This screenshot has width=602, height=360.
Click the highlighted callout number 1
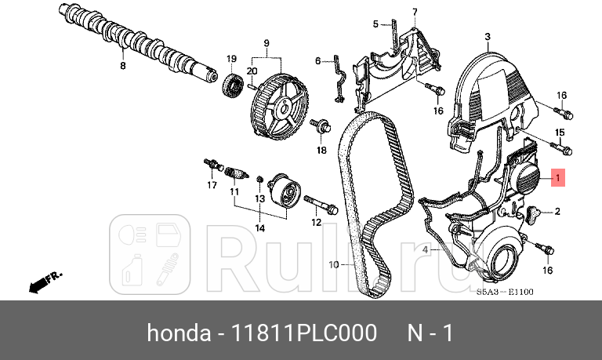pos(557,178)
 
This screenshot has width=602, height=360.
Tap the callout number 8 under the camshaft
pos(122,67)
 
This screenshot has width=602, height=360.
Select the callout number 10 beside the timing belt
pos(332,265)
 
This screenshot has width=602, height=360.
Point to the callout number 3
pos(487,37)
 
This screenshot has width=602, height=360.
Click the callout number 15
pos(560,132)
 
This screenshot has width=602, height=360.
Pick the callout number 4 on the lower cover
pos(426,249)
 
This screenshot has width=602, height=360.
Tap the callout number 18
pos(321,150)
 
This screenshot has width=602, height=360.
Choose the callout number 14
pos(259,228)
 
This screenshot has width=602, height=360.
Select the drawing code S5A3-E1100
pos(505,293)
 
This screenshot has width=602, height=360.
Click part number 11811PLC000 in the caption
pos(301,333)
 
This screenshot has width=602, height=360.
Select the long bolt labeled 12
pos(319,207)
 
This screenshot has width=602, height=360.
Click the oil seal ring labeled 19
pos(232,85)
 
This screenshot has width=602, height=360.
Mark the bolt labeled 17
pos(210,165)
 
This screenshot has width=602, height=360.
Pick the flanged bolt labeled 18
pos(320,125)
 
